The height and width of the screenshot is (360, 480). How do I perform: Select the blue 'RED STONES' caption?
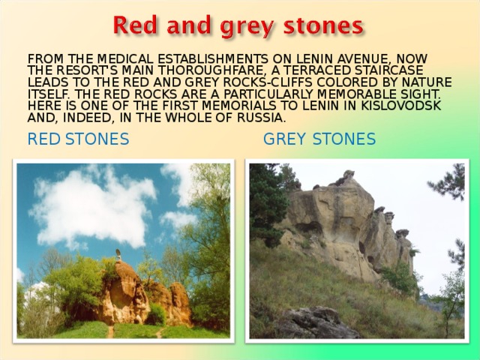(78, 139)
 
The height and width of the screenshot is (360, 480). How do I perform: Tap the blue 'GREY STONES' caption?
(319, 139)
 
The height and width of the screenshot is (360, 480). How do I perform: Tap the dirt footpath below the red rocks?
(112, 331)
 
